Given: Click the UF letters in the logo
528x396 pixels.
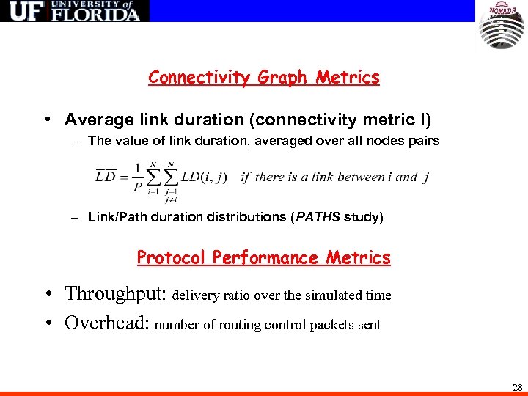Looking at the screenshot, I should pos(23,12).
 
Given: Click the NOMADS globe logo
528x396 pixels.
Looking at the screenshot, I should pos(502,26).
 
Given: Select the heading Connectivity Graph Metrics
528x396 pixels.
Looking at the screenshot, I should pos(264,77).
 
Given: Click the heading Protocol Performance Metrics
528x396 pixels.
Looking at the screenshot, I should pos(264,257).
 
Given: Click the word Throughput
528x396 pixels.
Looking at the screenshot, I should pos(115,294).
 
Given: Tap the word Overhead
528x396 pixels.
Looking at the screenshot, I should pos(107,323).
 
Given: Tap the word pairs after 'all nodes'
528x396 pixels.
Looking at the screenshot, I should pos(423,141).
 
